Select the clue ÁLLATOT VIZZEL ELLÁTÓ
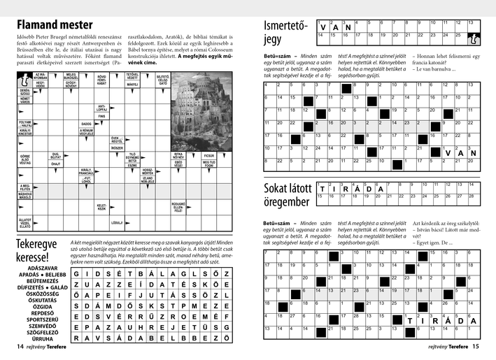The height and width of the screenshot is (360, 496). click(24, 223)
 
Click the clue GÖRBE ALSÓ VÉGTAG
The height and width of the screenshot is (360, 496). click(24, 159)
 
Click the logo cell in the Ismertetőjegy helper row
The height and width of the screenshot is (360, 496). click(475, 39)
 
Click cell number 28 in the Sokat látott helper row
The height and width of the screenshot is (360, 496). click(475, 196)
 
